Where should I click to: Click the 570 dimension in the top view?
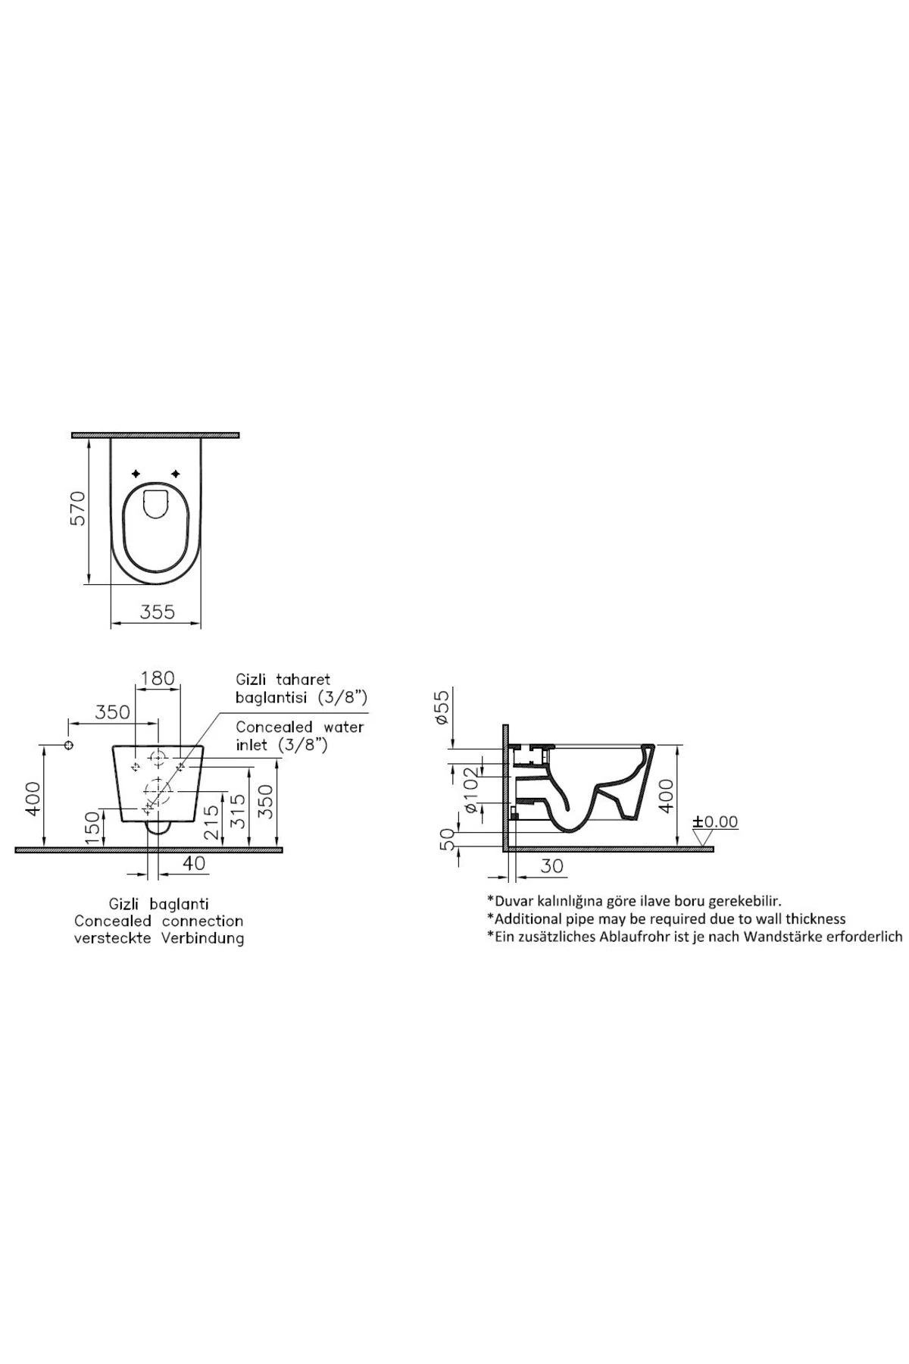(80, 508)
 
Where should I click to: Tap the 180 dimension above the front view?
(158, 677)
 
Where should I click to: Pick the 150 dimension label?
(92, 827)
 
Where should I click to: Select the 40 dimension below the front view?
(194, 863)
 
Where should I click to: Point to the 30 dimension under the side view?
(553, 865)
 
